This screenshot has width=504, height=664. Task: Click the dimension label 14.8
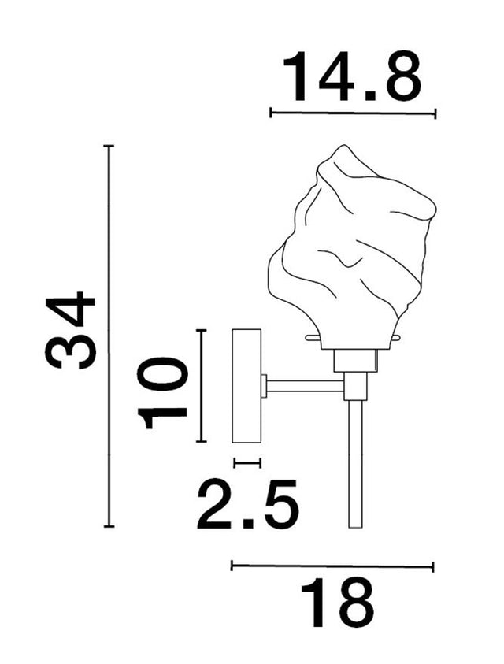(352, 76)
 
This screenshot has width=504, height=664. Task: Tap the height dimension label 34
(71, 331)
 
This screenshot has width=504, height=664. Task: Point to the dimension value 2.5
(247, 505)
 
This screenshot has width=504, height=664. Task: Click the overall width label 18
(336, 603)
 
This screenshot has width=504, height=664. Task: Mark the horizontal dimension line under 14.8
(352, 113)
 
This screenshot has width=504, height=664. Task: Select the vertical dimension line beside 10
(202, 386)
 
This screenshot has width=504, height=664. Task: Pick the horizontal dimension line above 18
(332, 566)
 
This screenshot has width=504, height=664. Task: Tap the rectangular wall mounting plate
(246, 386)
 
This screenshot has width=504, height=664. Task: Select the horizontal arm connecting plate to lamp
(306, 386)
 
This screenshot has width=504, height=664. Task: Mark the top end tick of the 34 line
(109, 147)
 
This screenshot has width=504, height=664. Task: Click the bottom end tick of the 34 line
(109, 526)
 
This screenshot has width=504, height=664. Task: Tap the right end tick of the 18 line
(433, 566)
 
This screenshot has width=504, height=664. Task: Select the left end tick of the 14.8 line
(271, 113)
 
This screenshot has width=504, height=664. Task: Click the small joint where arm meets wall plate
(265, 386)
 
